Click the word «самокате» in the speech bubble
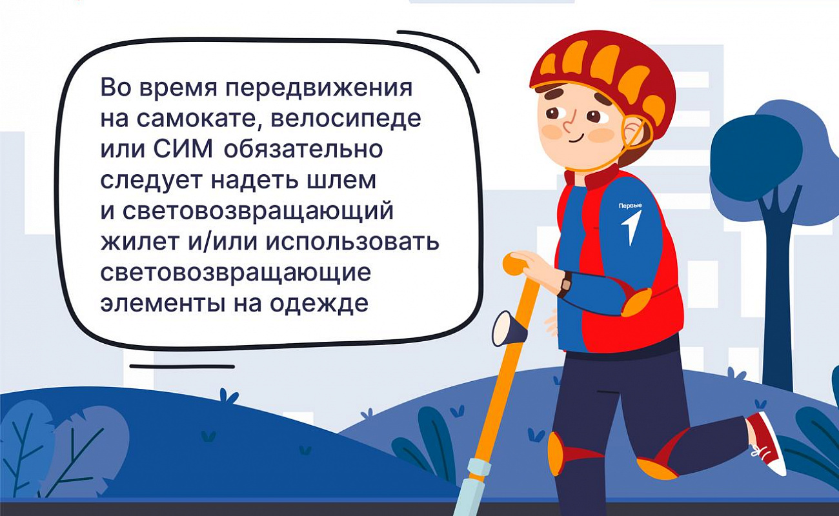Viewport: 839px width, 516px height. pyautogui.click(x=196, y=119)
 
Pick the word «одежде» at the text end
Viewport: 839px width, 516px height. pyautogui.click(x=319, y=304)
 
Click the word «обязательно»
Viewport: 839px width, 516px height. pyautogui.click(x=304, y=149)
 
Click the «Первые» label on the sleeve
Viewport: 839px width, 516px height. pyautogui.click(x=631, y=206)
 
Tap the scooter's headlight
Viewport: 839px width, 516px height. pyautogui.click(x=509, y=329)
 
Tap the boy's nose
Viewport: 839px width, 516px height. pyautogui.click(x=568, y=125)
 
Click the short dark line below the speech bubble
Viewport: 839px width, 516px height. pyautogui.click(x=182, y=366)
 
